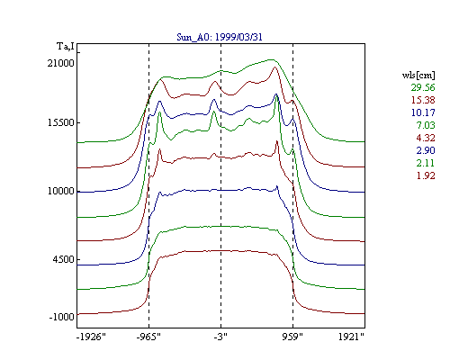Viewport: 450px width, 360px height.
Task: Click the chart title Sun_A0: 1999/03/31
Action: click(220, 37)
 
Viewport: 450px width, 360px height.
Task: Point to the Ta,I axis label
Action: click(66, 47)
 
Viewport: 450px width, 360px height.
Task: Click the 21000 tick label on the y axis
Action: click(61, 63)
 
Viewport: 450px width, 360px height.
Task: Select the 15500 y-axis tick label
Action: click(61, 122)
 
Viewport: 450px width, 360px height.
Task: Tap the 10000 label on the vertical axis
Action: click(61, 191)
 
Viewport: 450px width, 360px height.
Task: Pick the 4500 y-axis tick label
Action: click(63, 259)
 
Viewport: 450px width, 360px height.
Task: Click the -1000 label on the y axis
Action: click(62, 317)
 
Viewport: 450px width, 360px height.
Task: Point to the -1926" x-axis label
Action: click(91, 337)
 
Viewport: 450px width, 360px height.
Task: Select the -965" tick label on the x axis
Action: click(148, 337)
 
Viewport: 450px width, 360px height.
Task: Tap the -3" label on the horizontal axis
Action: click(220, 337)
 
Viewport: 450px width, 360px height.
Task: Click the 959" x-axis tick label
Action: click(292, 337)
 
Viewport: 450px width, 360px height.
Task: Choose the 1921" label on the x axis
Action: click(351, 337)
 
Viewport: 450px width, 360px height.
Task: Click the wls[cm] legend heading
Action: click(418, 75)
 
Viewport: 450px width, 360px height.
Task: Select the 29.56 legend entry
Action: click(423, 87)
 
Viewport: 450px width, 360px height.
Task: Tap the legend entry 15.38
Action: click(423, 100)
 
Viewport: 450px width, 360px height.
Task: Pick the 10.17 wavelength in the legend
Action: click(423, 112)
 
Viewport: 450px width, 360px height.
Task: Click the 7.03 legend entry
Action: click(426, 125)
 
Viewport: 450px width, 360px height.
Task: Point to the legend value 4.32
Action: click(426, 138)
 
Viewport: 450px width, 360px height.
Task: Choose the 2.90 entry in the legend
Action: click(426, 150)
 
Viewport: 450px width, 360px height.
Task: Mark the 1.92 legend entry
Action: click(426, 175)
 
